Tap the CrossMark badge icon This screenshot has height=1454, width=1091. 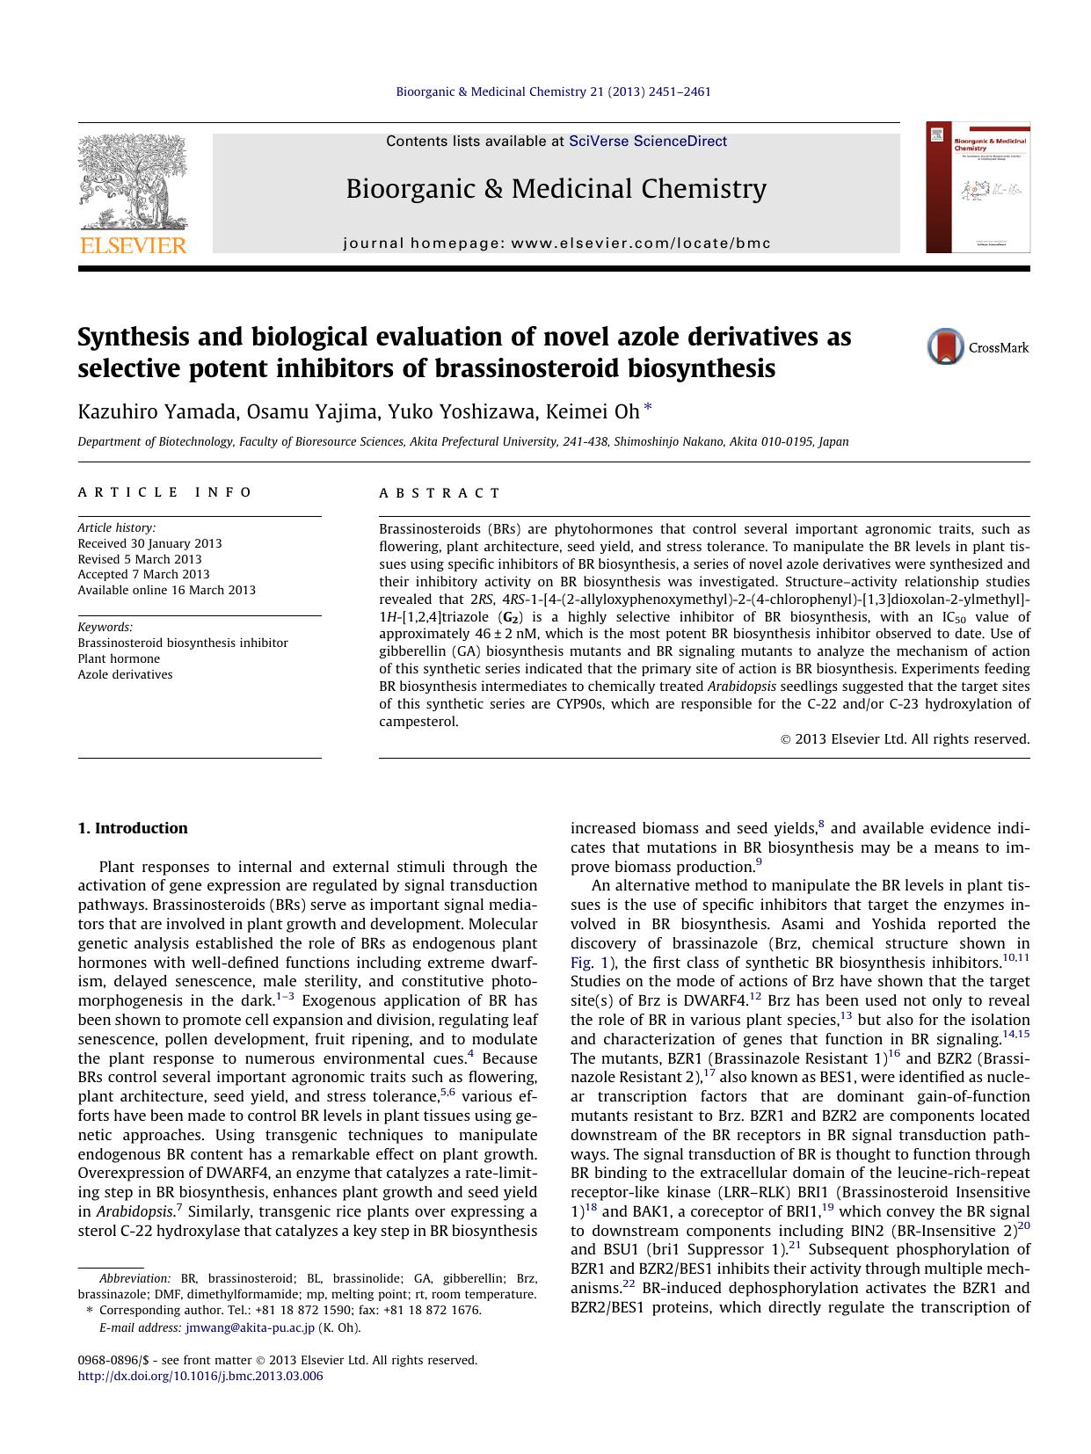946,346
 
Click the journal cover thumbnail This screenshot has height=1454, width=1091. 978,187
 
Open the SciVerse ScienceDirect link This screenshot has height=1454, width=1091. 648,141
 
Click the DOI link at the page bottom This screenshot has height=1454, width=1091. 200,1376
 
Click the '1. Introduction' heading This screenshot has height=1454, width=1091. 133,828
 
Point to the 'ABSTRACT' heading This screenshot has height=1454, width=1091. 440,493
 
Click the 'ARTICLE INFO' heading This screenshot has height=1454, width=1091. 165,492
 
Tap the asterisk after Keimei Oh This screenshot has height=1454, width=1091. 648,408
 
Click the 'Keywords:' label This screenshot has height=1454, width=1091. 105,627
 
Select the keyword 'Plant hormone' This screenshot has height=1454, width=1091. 119,658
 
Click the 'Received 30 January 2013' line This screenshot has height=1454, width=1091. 149,543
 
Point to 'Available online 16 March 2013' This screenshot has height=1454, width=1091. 167,590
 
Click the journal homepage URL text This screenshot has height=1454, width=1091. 556,243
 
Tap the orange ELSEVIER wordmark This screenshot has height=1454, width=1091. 133,245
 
